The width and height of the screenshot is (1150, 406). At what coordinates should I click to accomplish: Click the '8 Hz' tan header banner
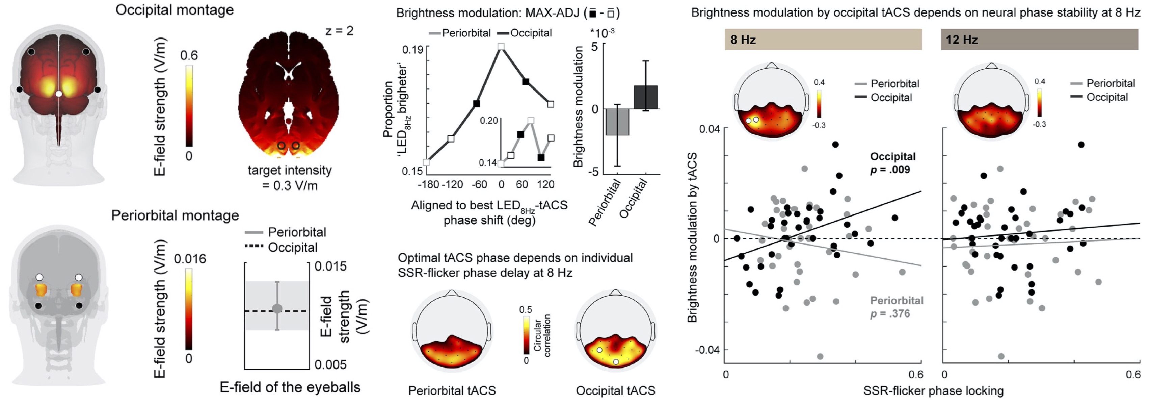823,39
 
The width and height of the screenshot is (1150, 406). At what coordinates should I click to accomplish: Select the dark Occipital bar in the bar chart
645,97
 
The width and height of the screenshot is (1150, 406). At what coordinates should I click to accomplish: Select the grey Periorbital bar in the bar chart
617,122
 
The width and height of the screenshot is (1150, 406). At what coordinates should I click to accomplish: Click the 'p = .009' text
890,170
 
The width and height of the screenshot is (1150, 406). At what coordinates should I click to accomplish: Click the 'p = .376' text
890,313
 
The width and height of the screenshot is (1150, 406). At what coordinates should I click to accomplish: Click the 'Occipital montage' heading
174,10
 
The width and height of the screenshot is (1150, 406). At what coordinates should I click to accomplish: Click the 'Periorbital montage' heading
175,216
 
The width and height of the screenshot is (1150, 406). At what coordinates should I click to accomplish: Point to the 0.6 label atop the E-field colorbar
189,56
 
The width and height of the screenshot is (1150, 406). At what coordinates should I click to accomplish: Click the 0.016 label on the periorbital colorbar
190,259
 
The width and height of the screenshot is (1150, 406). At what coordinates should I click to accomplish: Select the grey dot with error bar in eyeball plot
277,309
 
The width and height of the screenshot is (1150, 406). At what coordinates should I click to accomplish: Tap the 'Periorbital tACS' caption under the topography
452,391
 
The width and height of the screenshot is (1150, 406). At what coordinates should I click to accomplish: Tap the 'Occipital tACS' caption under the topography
615,391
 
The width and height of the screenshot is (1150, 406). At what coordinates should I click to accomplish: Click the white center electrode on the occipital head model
58,94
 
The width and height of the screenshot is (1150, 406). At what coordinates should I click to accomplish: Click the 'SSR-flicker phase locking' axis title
933,391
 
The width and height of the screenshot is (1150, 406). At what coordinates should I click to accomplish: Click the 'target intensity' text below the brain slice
290,170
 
